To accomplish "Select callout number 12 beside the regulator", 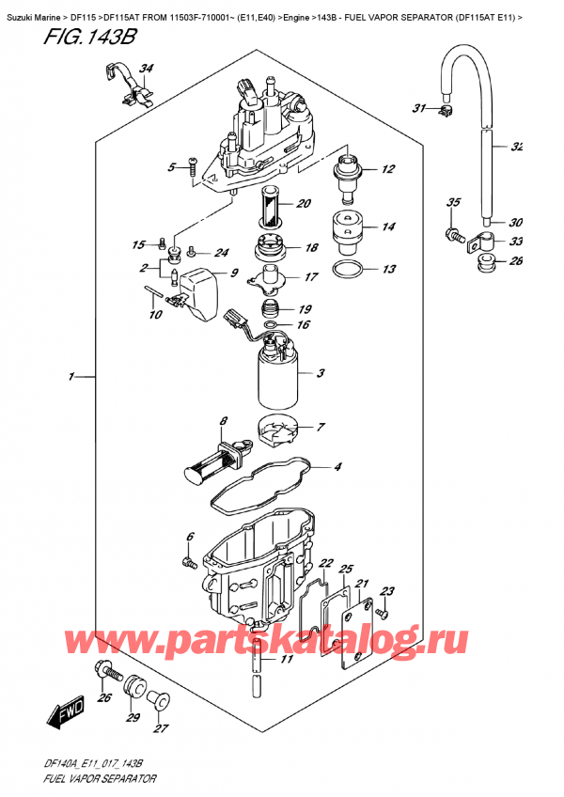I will [x=387, y=170].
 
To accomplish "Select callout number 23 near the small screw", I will [x=388, y=591].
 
